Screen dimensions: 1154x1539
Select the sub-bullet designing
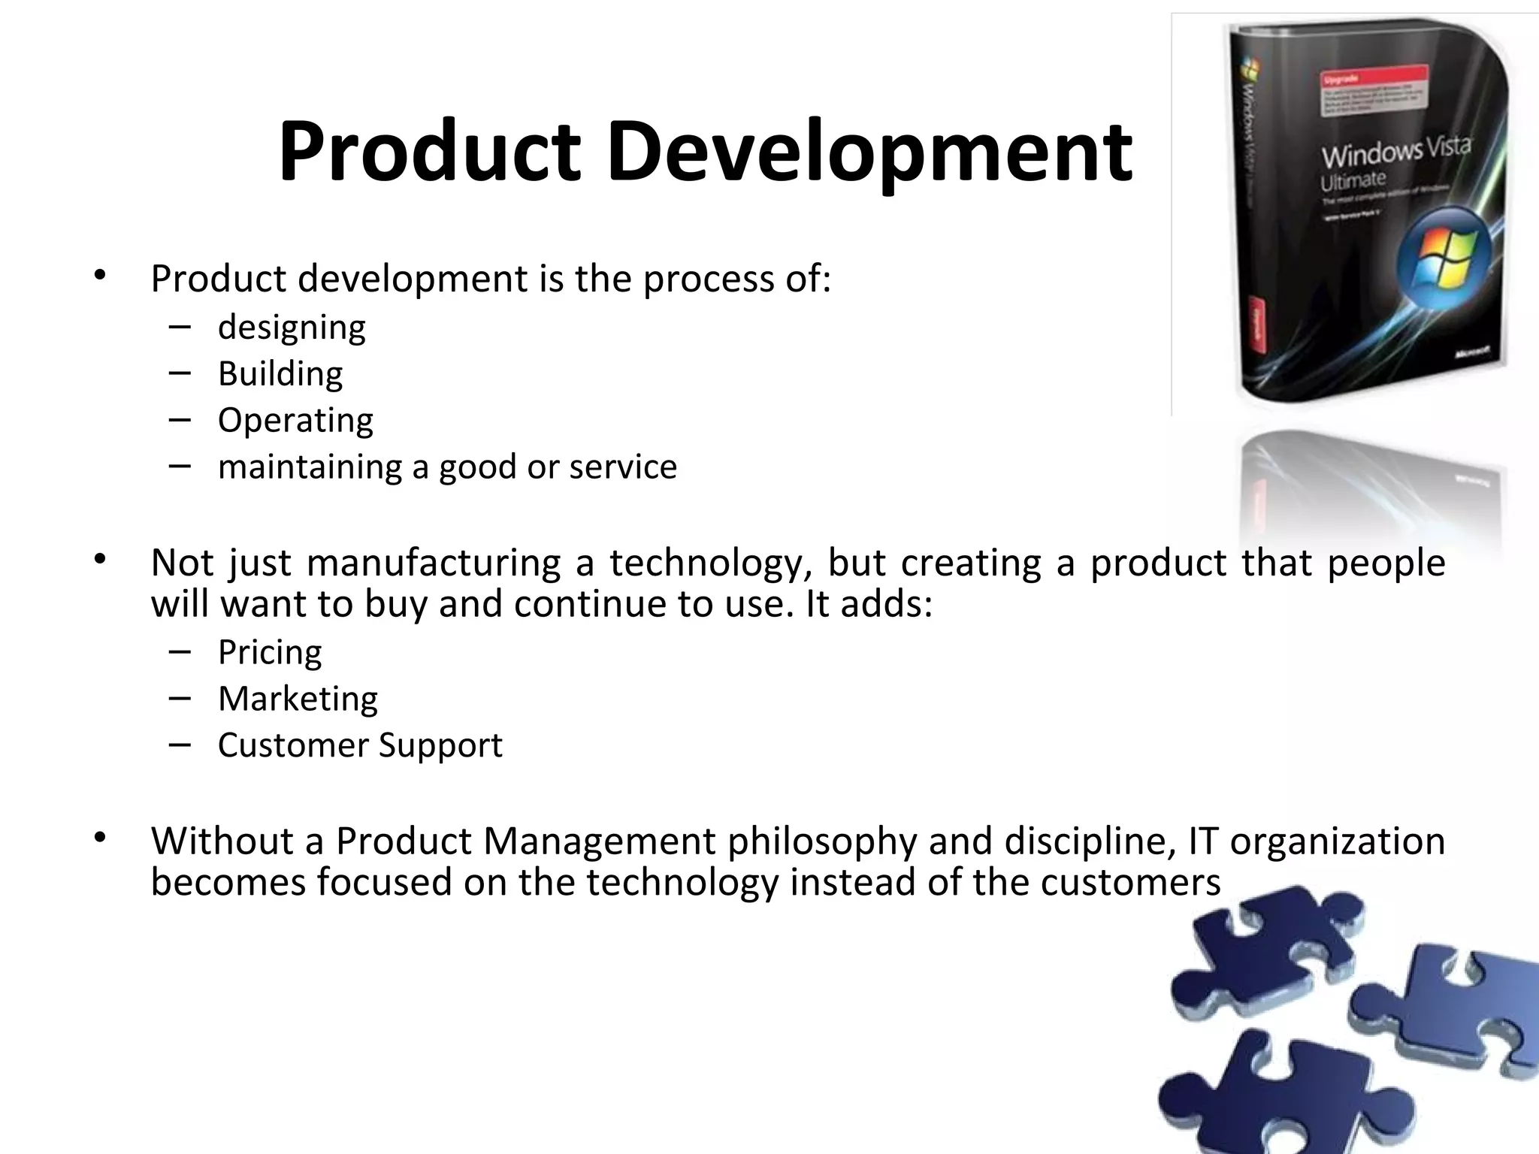point(292,328)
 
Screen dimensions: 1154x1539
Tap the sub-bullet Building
point(280,373)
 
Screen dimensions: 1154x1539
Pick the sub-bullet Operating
point(295,420)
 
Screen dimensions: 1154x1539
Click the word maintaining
point(310,467)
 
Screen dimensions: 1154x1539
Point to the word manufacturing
point(434,562)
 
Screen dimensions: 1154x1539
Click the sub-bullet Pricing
point(270,652)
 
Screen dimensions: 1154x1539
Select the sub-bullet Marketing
point(298,699)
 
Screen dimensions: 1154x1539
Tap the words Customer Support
point(360,745)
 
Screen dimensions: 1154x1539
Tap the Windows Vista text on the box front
point(1395,153)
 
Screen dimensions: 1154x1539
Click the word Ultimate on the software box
point(1353,181)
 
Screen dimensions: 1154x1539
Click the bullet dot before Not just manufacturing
point(101,559)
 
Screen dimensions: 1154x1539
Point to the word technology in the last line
point(682,881)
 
